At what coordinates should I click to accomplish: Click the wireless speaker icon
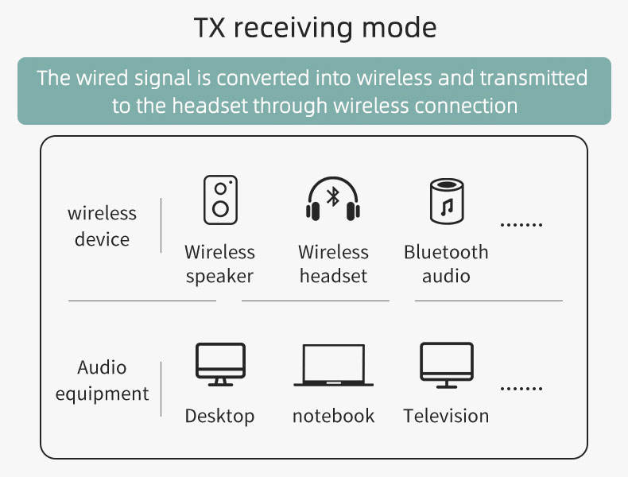(x=220, y=200)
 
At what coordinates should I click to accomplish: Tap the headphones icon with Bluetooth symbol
(x=333, y=200)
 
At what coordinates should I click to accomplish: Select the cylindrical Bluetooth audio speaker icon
(x=446, y=201)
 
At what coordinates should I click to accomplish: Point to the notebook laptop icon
(x=333, y=366)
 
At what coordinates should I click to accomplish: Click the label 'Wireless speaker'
(x=220, y=264)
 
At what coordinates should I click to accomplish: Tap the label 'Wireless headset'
(x=333, y=264)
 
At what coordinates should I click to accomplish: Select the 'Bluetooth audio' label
(x=446, y=264)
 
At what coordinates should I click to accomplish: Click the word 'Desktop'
(x=220, y=416)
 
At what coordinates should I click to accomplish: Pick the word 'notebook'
(x=333, y=416)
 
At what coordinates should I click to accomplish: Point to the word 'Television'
(x=446, y=416)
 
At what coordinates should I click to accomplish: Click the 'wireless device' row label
(x=102, y=226)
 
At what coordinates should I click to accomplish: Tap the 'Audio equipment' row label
(x=102, y=380)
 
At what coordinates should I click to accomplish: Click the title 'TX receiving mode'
(x=315, y=28)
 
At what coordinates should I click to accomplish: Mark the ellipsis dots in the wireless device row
(x=521, y=225)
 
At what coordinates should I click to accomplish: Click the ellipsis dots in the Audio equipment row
(x=521, y=389)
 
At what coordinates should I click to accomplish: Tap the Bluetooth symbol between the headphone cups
(x=333, y=196)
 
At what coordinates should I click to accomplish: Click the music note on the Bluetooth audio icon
(x=446, y=208)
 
